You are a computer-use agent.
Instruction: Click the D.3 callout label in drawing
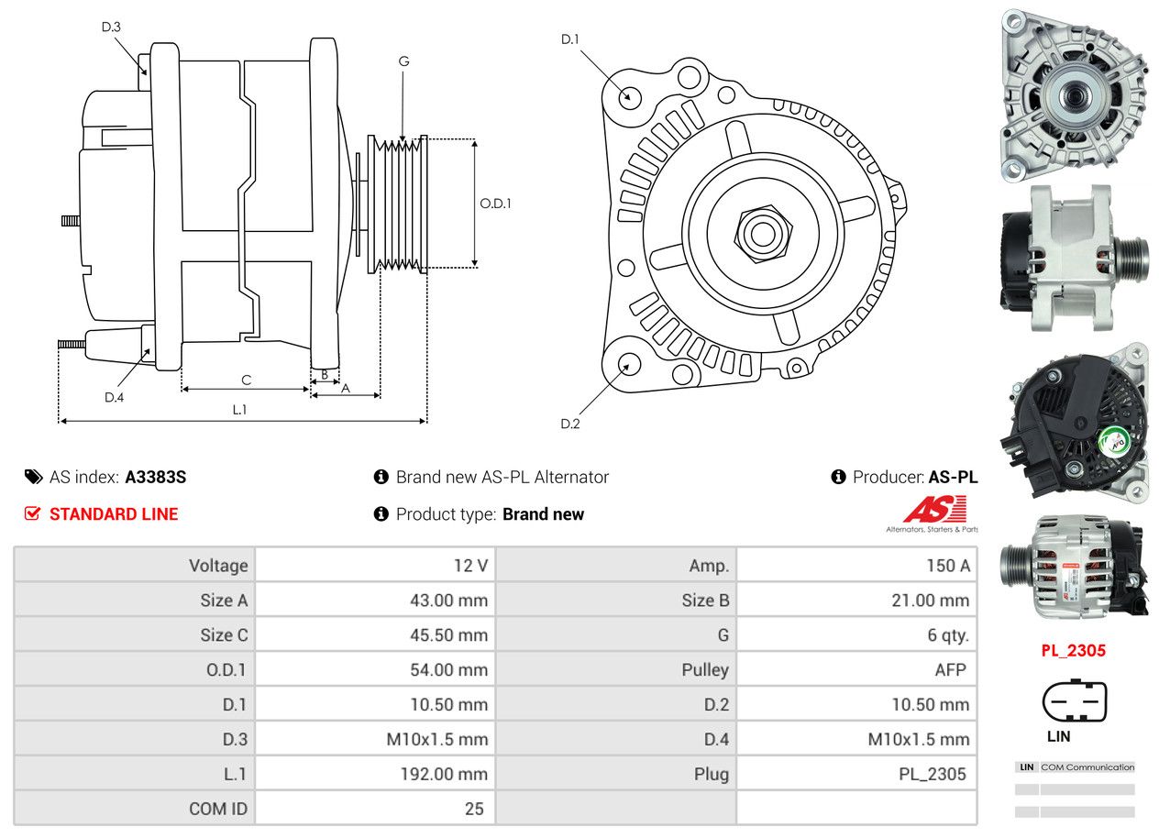point(111,27)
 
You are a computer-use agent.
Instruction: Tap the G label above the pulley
point(403,61)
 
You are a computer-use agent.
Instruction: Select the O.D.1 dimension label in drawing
point(495,204)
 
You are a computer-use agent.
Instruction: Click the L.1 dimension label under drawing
point(239,410)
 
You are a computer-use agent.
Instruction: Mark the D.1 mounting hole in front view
point(629,96)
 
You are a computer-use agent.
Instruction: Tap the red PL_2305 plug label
point(1073,651)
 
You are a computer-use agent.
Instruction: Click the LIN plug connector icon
point(1074,701)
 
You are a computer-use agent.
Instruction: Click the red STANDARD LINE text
point(114,514)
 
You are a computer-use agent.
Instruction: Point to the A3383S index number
point(156,477)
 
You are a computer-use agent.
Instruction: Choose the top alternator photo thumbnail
point(1073,92)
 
